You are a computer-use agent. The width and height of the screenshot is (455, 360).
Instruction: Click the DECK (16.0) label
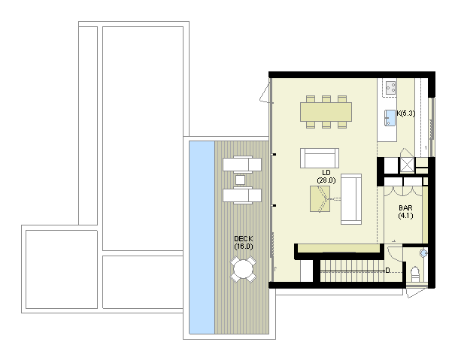click(x=244, y=243)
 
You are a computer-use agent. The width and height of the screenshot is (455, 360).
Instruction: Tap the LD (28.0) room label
click(x=326, y=177)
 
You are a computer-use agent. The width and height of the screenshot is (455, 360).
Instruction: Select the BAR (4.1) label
click(x=405, y=212)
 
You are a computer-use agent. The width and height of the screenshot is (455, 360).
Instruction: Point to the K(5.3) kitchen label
click(x=405, y=113)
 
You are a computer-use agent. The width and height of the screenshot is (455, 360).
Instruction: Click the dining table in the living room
click(x=326, y=112)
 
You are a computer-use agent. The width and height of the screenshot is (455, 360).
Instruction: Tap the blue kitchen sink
click(x=390, y=117)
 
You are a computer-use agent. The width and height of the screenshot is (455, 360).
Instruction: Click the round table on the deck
click(x=243, y=270)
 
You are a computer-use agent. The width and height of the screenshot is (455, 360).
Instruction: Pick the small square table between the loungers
click(x=240, y=180)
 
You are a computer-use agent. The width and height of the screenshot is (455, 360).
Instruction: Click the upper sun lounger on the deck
click(x=242, y=165)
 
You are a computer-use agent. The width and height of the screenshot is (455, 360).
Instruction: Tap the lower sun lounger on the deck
click(x=242, y=195)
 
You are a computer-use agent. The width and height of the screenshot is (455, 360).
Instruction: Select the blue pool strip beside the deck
click(x=202, y=237)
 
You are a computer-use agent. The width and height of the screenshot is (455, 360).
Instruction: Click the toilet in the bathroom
click(x=415, y=274)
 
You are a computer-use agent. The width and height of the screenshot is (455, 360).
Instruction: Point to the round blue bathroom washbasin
click(x=423, y=253)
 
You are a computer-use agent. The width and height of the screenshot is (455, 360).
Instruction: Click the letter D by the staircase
click(x=387, y=271)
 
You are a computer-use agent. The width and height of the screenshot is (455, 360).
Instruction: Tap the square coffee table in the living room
click(x=320, y=198)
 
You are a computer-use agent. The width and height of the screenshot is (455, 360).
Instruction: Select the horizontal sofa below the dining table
click(x=320, y=158)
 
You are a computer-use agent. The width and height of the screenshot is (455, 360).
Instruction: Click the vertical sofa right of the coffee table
click(x=351, y=199)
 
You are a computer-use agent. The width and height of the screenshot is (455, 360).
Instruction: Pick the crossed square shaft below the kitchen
click(x=408, y=165)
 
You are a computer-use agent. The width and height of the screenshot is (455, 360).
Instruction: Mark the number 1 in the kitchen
click(x=426, y=148)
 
